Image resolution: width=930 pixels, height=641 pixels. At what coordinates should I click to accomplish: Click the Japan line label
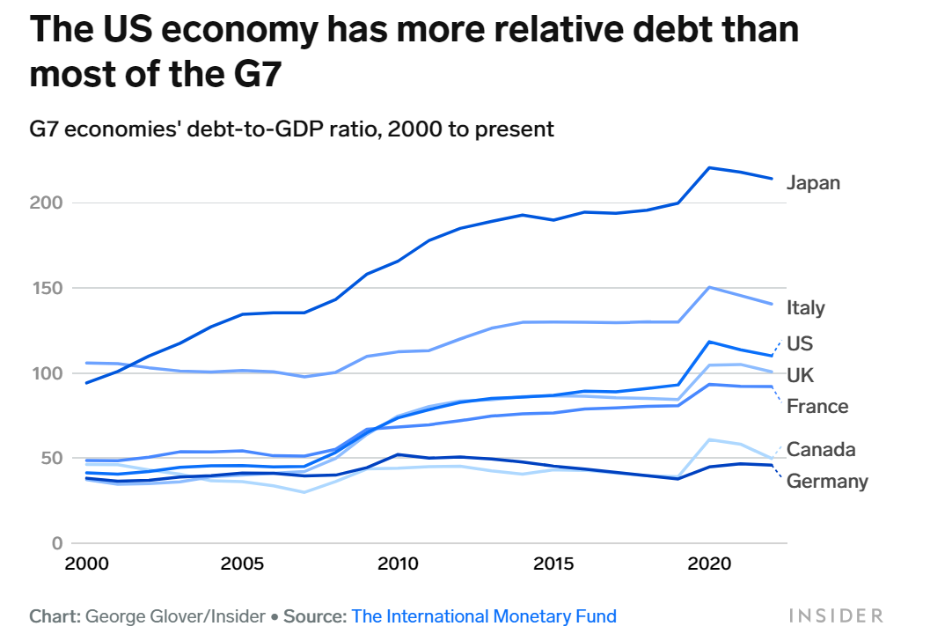tap(813, 183)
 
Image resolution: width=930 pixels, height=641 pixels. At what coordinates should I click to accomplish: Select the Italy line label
tap(806, 307)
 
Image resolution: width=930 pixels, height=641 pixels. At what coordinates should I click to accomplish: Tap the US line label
tap(800, 343)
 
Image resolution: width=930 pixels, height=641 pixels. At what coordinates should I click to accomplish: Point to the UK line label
tap(800, 376)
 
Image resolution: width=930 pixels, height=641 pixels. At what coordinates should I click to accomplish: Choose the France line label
tap(817, 406)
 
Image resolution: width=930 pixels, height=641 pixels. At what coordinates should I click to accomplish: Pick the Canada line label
tap(820, 450)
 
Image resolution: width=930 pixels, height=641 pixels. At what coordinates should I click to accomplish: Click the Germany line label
tap(827, 481)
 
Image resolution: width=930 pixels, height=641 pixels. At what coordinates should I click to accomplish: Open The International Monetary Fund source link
tap(484, 616)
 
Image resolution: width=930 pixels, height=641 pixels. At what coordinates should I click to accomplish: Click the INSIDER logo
tap(835, 615)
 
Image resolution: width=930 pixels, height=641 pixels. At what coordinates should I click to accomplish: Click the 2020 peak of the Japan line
tap(709, 167)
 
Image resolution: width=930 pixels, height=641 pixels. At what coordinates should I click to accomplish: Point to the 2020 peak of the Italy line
tap(709, 287)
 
